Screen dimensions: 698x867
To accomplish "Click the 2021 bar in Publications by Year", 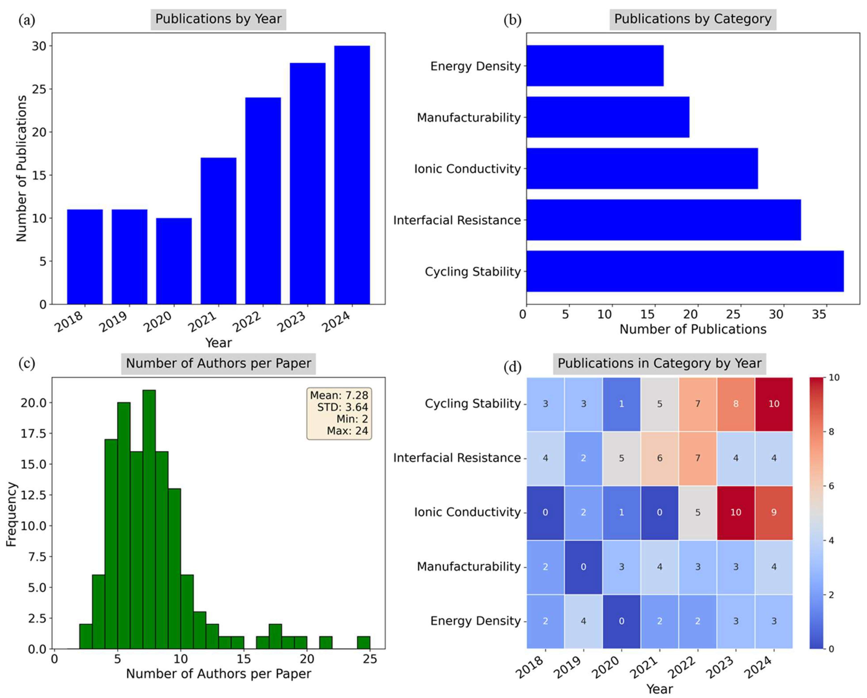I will pos(218,231).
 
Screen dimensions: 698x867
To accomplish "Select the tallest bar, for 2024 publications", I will pos(352,175).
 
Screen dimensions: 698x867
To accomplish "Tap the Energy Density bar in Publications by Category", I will pos(595,66).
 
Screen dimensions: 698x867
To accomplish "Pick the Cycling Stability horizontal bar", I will pos(685,271).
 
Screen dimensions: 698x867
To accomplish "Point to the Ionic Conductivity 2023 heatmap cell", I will pos(736,512).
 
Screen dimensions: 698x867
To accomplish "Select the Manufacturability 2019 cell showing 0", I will pos(583,567).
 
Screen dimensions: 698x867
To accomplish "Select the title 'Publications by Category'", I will pos(693,19).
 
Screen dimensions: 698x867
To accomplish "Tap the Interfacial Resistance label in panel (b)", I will pos(457,220).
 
